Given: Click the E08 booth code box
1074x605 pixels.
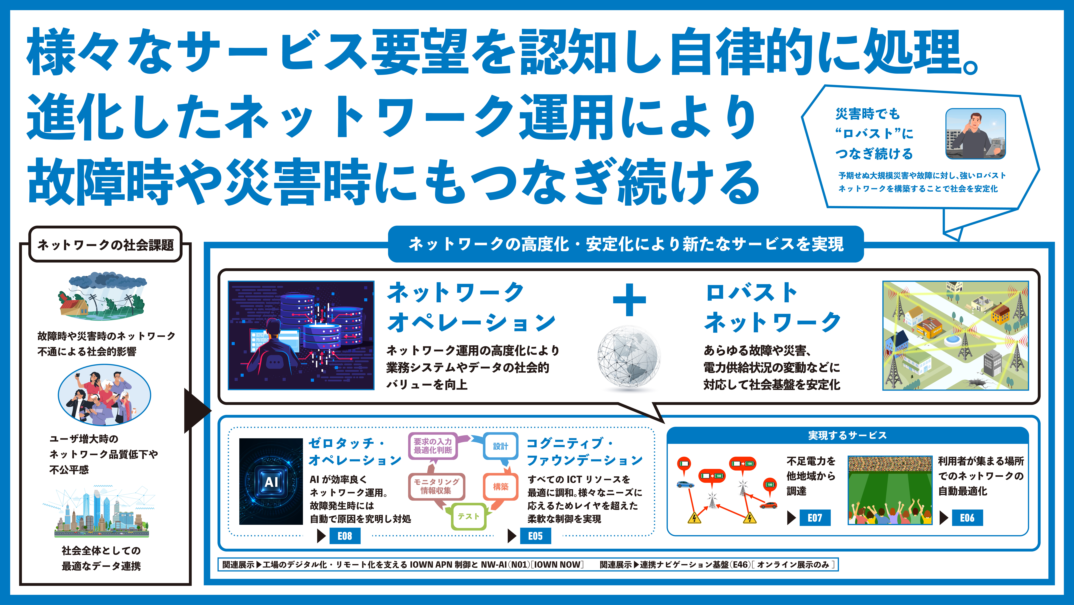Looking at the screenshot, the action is click(x=345, y=536).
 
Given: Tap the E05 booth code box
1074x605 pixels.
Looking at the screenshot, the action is click(x=535, y=536).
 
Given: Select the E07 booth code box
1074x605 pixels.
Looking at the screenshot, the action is click(x=815, y=518).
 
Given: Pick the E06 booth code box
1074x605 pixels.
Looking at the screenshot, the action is click(x=967, y=518).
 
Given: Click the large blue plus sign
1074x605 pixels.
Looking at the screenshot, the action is click(x=629, y=300).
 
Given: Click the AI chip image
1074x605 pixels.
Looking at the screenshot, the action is click(x=271, y=481).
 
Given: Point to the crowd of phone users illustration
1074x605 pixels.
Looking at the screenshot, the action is click(x=104, y=395).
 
